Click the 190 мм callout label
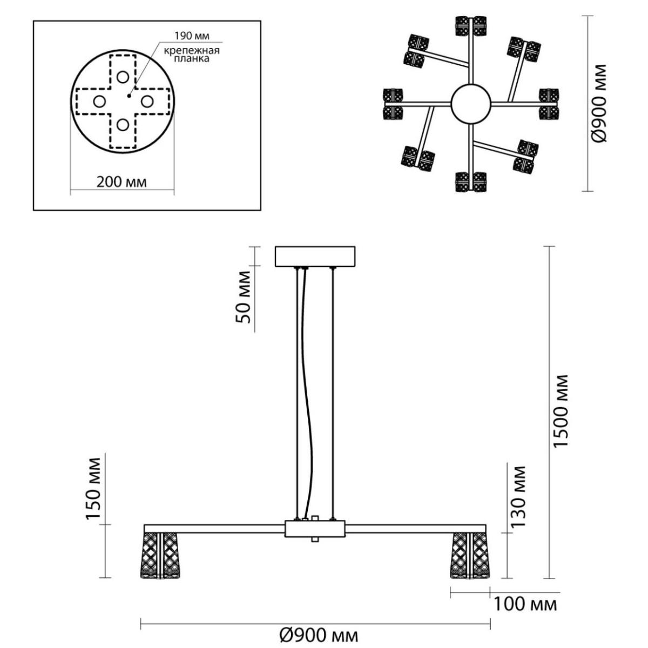(x=192, y=36)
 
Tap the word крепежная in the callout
(x=192, y=51)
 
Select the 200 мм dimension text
(x=122, y=183)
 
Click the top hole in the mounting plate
(x=123, y=77)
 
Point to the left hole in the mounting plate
(x=99, y=101)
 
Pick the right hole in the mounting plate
(x=147, y=101)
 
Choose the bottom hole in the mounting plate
(x=123, y=125)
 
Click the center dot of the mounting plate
(x=129, y=96)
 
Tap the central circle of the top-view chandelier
(x=471, y=104)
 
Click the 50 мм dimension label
(x=244, y=297)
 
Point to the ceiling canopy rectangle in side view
(x=315, y=256)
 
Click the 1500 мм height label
(x=561, y=410)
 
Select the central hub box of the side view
(x=315, y=529)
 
